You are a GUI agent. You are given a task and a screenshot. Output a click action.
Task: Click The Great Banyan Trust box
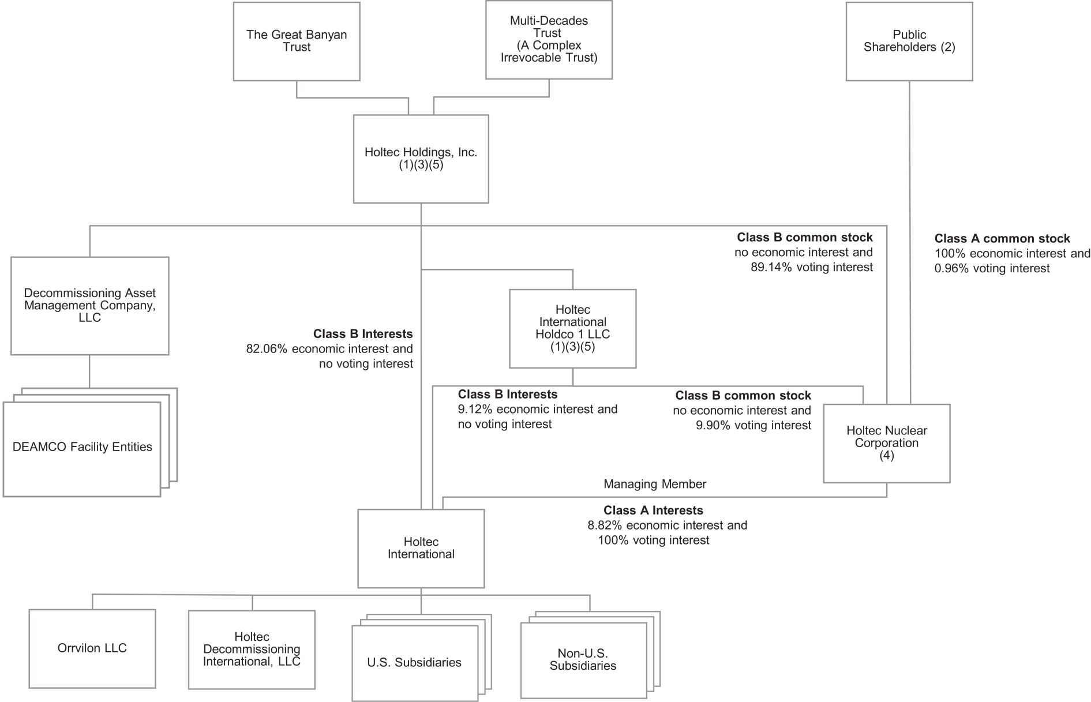click(297, 41)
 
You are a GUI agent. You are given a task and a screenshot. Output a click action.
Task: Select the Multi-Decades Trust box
click(549, 40)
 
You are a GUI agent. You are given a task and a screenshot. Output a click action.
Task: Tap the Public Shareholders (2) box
click(909, 41)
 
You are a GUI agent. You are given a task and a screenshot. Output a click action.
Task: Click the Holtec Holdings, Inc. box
click(421, 159)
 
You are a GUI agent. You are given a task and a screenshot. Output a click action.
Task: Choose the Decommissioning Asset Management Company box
click(90, 306)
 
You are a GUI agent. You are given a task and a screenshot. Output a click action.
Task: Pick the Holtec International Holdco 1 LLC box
click(573, 329)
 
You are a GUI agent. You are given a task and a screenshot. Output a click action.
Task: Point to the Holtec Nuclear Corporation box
click(887, 444)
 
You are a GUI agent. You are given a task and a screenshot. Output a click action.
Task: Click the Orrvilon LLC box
click(92, 648)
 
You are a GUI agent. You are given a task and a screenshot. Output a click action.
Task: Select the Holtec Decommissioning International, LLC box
click(252, 650)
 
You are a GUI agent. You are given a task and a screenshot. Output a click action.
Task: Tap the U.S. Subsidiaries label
click(414, 662)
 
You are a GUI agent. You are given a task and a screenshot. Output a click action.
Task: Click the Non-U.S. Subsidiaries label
click(583, 659)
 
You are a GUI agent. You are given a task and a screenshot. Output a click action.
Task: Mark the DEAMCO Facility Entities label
click(83, 447)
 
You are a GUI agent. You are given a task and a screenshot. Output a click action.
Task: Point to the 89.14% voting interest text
click(812, 267)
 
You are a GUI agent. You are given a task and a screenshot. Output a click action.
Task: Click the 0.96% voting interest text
click(992, 268)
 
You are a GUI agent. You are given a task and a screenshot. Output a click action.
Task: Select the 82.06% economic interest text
click(329, 349)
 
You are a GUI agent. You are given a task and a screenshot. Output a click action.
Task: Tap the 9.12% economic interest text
click(538, 410)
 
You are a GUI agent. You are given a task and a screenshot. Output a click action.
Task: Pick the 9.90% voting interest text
click(753, 425)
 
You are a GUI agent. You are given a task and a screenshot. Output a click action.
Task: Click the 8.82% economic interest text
click(668, 525)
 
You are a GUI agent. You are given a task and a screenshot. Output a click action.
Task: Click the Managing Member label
click(655, 484)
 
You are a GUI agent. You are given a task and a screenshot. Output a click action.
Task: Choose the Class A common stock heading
click(1002, 238)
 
